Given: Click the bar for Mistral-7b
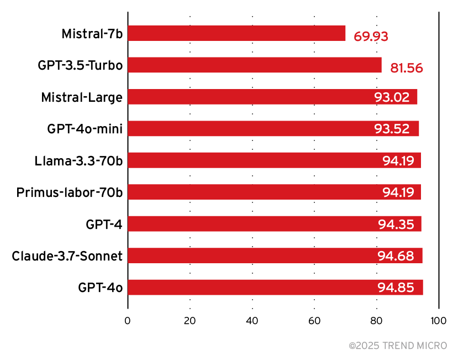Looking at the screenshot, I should point(236,33).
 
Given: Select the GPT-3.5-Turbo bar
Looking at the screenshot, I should point(255,65).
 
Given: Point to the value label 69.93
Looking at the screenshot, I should point(371,37).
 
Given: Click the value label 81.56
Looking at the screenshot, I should point(406,69).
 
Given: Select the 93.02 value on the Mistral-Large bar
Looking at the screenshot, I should point(392,97).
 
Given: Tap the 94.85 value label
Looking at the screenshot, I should point(397,288).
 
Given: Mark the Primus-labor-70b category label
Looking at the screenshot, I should point(69,192).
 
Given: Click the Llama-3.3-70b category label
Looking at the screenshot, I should point(78,161).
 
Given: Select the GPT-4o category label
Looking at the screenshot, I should point(100,288).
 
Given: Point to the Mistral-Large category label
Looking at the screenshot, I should point(82,97).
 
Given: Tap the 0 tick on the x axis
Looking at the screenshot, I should point(128,321).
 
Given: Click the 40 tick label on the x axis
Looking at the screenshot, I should point(252,321).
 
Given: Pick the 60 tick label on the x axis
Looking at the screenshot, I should point(314,321).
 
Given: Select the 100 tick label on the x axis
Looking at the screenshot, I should point(439,321).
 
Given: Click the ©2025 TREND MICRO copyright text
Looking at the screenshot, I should point(398,346).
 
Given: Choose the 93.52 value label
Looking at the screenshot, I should point(392,129).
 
